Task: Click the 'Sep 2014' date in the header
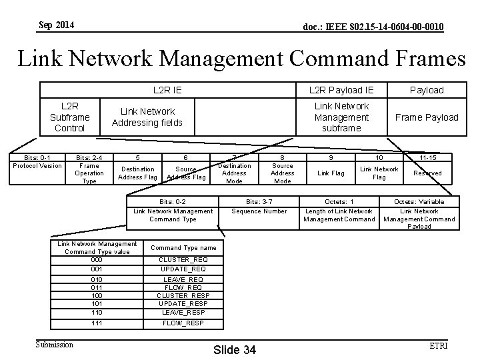tap(57, 25)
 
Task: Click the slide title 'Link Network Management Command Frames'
tap(241, 59)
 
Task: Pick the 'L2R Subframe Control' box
tap(69, 117)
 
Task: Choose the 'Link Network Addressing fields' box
tap(147, 117)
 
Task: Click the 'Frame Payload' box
tap(427, 117)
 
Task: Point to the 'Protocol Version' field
tap(37, 166)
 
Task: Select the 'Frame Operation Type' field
tap(89, 173)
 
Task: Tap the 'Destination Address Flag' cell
tap(137, 173)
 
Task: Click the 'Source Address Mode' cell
tap(283, 173)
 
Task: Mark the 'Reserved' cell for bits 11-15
tap(427, 173)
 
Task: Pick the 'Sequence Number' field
tap(259, 211)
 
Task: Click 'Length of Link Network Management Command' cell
tap(339, 215)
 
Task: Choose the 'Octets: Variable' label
tap(419, 201)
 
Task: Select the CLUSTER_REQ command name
tap(182, 259)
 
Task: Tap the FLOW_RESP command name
tap(182, 323)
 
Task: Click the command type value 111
tap(97, 323)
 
